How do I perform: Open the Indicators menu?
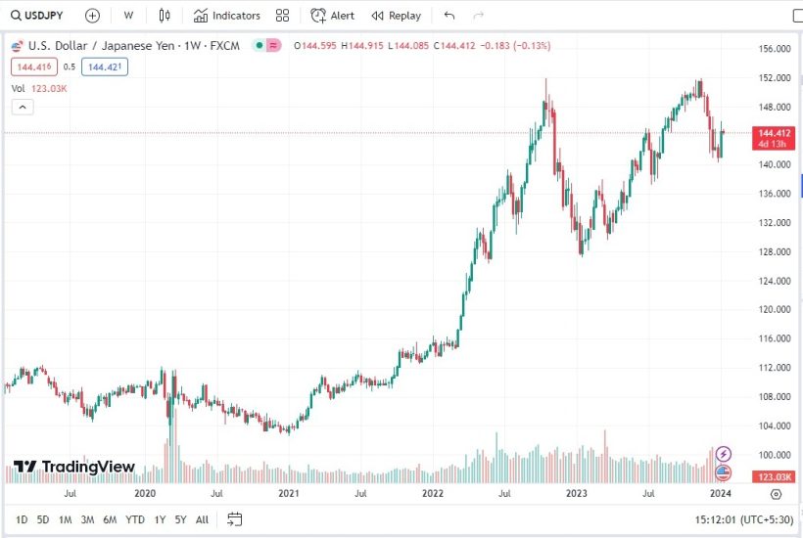(x=227, y=16)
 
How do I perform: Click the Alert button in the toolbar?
(x=333, y=16)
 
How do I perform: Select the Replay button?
(x=396, y=16)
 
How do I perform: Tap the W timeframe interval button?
(x=128, y=16)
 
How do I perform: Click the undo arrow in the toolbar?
(x=449, y=16)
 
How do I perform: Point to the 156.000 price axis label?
(x=776, y=49)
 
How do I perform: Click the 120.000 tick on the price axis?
(x=776, y=310)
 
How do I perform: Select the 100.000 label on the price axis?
(x=776, y=455)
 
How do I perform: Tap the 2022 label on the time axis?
(x=433, y=494)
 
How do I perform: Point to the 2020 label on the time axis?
(x=145, y=494)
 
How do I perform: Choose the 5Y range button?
(x=180, y=519)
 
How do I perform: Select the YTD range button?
(x=135, y=519)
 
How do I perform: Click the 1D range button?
(x=22, y=519)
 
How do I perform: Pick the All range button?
(x=202, y=519)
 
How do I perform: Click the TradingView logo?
(x=74, y=468)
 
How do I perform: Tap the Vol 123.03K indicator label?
(x=39, y=88)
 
